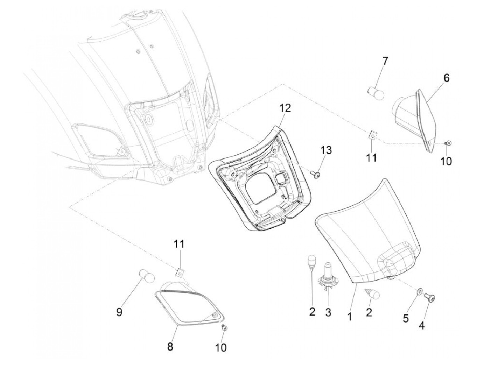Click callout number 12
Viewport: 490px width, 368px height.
[x=285, y=108]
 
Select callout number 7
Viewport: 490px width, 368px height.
[x=385, y=61]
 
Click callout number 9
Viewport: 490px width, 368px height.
[x=119, y=312]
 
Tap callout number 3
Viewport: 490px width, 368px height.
[x=328, y=312]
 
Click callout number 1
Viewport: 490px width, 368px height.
[x=349, y=317]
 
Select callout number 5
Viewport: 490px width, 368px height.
[x=406, y=319]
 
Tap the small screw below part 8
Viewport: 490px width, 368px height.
[x=224, y=328]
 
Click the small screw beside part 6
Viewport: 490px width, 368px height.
[x=448, y=143]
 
